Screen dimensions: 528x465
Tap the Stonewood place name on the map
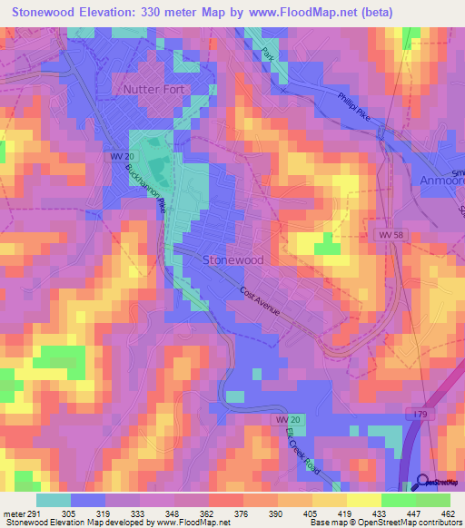229,259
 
